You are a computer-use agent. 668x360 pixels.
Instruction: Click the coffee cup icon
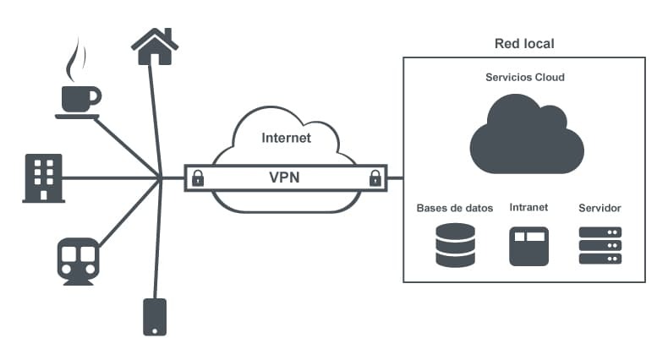(x=79, y=99)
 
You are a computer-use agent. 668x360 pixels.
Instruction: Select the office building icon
(x=43, y=178)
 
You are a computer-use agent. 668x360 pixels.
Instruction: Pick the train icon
(x=78, y=259)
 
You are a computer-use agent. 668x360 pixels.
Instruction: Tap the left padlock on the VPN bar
(x=198, y=177)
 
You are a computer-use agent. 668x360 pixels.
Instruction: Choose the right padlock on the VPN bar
(x=374, y=177)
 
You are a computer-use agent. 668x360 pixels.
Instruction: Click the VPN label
(x=284, y=178)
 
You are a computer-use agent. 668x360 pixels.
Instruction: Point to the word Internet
(x=287, y=138)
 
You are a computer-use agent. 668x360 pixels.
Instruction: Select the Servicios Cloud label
(x=524, y=77)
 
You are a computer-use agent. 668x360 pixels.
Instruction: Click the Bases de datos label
(x=454, y=207)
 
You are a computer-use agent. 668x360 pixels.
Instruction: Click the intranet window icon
(x=529, y=246)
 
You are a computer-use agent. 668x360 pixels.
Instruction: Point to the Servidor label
(x=600, y=207)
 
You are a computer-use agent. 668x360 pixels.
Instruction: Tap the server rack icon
(x=600, y=244)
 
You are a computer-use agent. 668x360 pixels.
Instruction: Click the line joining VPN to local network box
(x=396, y=178)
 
